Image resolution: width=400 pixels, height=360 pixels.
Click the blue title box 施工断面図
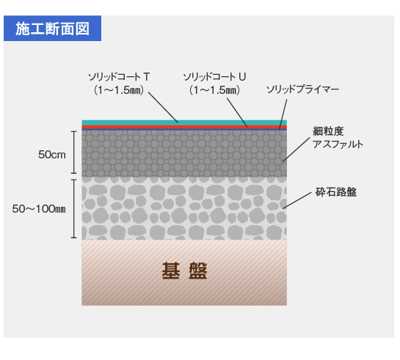click(x=52, y=29)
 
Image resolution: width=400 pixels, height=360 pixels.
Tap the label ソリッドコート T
click(x=119, y=77)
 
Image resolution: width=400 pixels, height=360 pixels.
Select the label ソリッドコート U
click(x=214, y=77)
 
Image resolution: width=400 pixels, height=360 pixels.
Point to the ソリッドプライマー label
click(x=302, y=89)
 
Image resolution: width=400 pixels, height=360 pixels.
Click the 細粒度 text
click(x=328, y=131)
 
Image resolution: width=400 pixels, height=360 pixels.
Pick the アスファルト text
click(x=338, y=144)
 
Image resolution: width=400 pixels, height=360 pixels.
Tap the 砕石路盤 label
click(x=336, y=192)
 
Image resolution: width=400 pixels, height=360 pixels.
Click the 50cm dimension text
click(x=52, y=155)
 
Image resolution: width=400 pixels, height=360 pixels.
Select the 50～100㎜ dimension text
click(x=39, y=209)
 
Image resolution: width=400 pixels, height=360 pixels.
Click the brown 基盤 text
click(x=184, y=271)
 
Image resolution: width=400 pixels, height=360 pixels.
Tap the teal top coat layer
click(x=184, y=122)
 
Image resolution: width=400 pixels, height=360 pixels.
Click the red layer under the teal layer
click(x=184, y=127)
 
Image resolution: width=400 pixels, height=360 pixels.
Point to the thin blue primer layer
click(x=184, y=130)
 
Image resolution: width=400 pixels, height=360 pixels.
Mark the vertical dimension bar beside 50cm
click(x=74, y=153)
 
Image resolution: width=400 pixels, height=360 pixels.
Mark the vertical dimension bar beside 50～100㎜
click(x=74, y=209)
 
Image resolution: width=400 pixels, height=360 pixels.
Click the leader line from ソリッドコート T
click(x=163, y=107)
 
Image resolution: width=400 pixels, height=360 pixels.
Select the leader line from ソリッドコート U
click(x=238, y=113)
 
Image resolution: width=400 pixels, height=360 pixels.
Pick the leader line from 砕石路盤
click(x=297, y=200)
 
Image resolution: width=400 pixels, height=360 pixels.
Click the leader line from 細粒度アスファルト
click(x=297, y=150)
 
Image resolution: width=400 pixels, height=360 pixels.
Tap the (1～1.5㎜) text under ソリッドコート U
click(x=214, y=90)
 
